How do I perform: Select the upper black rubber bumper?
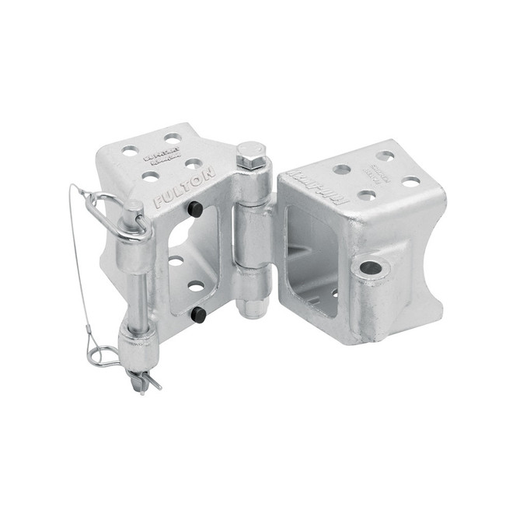click(195, 209)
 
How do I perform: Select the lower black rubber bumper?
click(198, 314)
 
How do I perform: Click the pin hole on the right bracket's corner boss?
click(371, 268)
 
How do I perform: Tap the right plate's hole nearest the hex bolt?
click(341, 169)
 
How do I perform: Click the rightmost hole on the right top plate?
click(410, 181)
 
